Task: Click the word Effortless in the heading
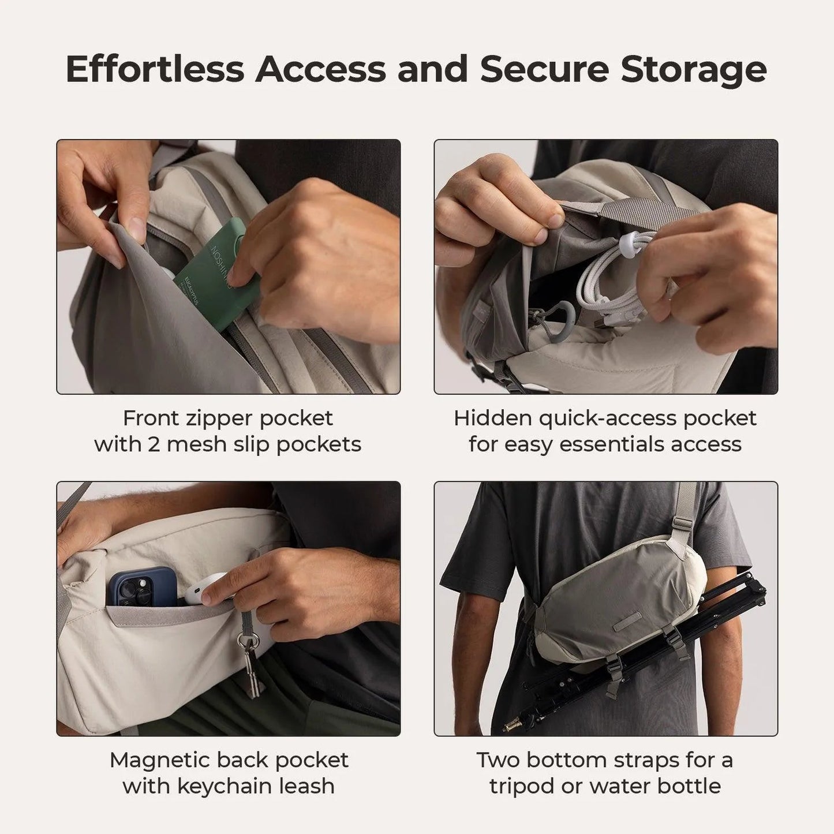tap(155, 69)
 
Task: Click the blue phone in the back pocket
tap(141, 586)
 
